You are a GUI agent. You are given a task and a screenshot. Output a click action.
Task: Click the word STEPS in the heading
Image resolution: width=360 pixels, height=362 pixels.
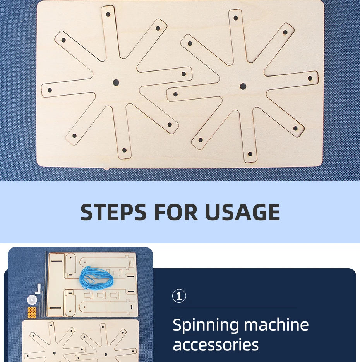point(113,212)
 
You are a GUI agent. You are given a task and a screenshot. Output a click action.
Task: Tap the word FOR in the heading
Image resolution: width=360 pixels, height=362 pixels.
point(176,212)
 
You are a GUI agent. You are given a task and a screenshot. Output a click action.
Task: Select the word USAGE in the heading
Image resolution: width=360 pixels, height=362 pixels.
point(242,212)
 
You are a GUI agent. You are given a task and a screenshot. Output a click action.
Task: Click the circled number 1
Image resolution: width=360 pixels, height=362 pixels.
point(179,296)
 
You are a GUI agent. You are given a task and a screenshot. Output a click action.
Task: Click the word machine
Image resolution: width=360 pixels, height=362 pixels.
point(276,324)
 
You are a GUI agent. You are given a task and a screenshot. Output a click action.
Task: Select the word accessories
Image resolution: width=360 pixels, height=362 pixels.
point(216,345)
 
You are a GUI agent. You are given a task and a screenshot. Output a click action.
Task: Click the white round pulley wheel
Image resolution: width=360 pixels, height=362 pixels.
point(32,300)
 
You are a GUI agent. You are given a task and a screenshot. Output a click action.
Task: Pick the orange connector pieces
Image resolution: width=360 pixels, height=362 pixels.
point(32,312)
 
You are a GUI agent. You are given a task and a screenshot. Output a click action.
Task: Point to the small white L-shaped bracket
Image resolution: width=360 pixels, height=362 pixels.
point(38,289)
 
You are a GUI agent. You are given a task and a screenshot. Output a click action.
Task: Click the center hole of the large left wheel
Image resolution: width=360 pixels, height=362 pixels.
point(116,82)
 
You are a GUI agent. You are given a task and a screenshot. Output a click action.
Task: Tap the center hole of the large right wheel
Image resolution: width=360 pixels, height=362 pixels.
point(243,87)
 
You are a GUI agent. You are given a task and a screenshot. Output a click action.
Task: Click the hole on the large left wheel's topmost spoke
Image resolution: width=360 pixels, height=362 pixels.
point(108,14)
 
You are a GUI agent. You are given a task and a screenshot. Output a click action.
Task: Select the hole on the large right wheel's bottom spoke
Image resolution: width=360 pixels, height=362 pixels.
point(250,154)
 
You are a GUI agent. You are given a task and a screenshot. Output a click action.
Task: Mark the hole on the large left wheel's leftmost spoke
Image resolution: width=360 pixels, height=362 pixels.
point(50,90)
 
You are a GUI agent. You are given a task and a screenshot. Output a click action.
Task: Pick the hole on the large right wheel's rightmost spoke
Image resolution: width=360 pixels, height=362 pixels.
point(310,79)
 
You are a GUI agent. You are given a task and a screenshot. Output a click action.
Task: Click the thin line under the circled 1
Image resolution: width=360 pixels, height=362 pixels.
point(235,307)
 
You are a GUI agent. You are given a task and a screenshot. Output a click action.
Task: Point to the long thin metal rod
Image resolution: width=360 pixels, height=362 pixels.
point(46,284)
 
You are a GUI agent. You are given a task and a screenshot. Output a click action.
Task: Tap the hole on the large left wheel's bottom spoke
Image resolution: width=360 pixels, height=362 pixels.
point(124,150)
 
